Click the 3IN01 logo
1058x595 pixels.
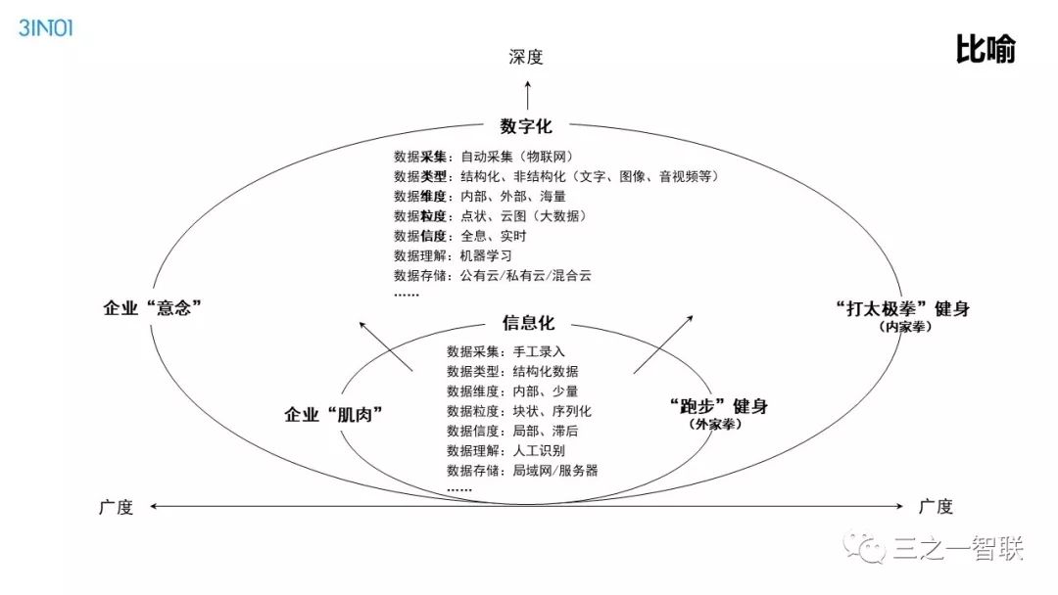pyautogui.click(x=46, y=27)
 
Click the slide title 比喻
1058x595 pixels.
pyautogui.click(x=985, y=50)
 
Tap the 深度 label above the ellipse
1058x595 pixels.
pyautogui.click(x=526, y=58)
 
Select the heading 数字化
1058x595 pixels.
pyautogui.click(x=526, y=126)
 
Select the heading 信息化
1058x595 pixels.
pyautogui.click(x=528, y=324)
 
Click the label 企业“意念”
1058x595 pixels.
pyautogui.click(x=153, y=307)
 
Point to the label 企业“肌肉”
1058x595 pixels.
pyautogui.click(x=333, y=414)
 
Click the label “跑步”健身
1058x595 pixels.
pyautogui.click(x=718, y=406)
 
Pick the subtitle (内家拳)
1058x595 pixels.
pyautogui.click(x=904, y=328)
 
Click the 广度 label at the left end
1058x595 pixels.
pyautogui.click(x=116, y=507)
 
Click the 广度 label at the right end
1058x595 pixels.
pyautogui.click(x=936, y=507)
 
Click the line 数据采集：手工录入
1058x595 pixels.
pyautogui.click(x=505, y=351)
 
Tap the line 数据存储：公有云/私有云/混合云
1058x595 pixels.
pyautogui.click(x=493, y=276)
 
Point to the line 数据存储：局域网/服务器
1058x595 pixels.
pyautogui.click(x=521, y=471)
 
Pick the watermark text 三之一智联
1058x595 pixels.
pyautogui.click(x=958, y=549)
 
